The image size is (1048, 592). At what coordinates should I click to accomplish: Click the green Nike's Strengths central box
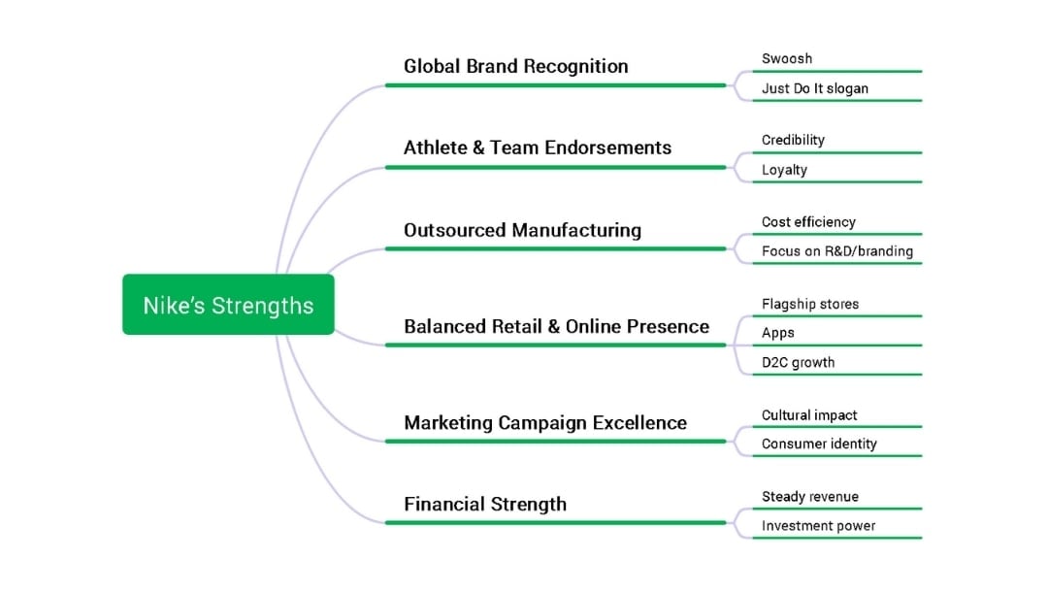coord(228,305)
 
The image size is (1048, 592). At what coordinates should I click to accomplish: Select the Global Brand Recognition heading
coord(515,66)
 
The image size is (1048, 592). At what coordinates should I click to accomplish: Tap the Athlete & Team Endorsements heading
coord(537,148)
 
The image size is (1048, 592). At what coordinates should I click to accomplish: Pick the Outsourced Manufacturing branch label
coord(522,230)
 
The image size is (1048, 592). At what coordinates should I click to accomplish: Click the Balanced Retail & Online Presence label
coord(556,326)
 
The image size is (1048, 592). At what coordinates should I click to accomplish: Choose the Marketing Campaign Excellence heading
coord(544,422)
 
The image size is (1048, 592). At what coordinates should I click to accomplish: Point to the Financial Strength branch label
coord(485,504)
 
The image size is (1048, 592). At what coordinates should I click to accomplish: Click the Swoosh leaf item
coord(786,58)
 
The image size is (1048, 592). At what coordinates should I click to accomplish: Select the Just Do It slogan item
coord(814,88)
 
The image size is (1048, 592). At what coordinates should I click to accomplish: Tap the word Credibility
coord(793,140)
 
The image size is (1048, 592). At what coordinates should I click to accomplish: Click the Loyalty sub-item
coord(784,170)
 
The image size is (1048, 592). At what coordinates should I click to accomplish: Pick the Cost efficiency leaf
coord(808,221)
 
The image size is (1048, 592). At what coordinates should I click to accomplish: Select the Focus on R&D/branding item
coord(836,251)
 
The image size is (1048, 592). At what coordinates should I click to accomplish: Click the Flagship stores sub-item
coord(809,304)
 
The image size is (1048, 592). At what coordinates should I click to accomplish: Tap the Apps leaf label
coord(777,333)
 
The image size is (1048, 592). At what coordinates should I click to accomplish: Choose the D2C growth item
coord(798,362)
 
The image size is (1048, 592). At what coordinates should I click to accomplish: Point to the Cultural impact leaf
coord(809,414)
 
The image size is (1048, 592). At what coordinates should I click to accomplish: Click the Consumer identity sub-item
coord(819,444)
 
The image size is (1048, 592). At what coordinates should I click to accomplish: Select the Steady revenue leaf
coord(809,497)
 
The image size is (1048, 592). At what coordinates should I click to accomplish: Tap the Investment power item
coord(818,526)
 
